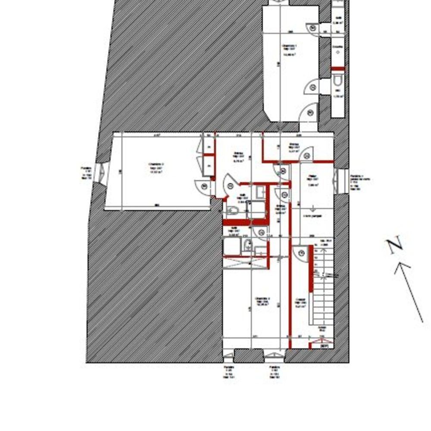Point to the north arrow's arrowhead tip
click(396, 264)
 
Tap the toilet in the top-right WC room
click(337, 82)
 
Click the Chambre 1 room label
click(289, 47)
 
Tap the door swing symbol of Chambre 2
click(203, 186)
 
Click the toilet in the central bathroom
click(232, 211)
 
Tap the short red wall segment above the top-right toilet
click(338, 69)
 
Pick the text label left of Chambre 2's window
click(86, 172)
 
